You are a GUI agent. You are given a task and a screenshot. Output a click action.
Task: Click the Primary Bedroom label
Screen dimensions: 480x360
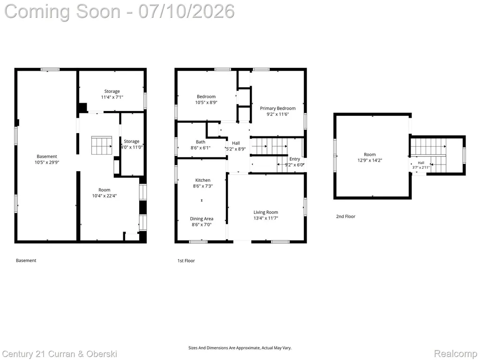277,108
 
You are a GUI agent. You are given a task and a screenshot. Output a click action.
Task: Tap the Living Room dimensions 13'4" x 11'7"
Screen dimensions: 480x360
266,218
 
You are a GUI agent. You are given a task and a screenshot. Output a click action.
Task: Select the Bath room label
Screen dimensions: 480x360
201,142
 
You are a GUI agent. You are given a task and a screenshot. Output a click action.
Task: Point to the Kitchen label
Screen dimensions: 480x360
202,180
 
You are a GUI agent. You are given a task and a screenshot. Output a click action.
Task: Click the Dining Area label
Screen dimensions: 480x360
202,219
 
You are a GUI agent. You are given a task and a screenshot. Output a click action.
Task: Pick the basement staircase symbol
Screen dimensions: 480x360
102,146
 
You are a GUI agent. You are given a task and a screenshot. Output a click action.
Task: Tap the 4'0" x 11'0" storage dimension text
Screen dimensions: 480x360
132,147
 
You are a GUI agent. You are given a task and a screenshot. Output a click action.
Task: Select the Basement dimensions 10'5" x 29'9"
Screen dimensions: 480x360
47,163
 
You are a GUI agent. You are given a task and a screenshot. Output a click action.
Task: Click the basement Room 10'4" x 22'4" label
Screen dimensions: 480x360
105,193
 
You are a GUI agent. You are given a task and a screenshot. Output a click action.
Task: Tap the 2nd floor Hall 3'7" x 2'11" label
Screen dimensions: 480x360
421,165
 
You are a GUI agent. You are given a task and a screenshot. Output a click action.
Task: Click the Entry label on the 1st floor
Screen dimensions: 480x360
295,159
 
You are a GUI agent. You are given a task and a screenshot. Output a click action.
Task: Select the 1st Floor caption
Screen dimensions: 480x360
186,261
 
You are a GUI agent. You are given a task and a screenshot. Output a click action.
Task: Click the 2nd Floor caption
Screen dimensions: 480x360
345,217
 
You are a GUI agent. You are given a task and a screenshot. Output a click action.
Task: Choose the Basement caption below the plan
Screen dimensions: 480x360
26,261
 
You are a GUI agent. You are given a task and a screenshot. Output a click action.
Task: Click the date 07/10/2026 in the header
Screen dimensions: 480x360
187,11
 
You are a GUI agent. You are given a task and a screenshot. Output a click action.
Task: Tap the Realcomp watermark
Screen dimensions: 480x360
455,354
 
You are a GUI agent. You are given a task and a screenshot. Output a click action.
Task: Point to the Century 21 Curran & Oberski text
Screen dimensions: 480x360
60,354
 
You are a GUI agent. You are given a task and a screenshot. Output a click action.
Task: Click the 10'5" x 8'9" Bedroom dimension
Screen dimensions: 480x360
206,103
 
